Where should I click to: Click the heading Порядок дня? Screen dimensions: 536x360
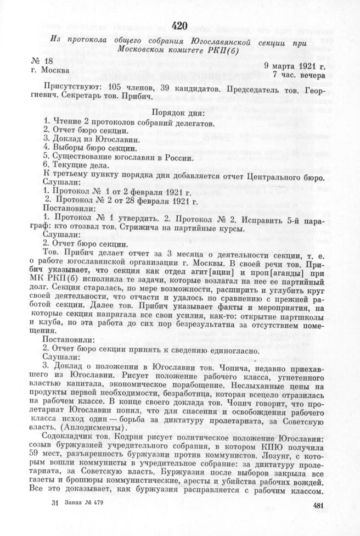pos(181,113)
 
